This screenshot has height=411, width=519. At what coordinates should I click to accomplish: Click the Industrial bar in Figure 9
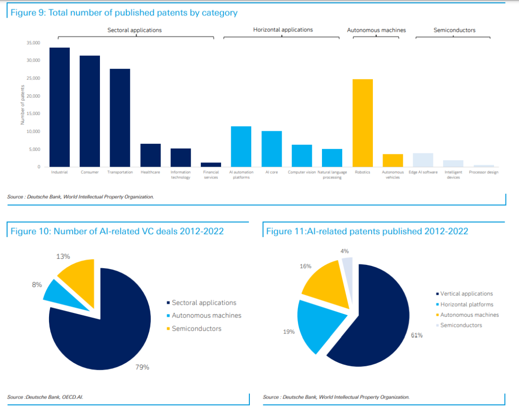60,107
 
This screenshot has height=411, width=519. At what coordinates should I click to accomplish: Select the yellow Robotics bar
363,123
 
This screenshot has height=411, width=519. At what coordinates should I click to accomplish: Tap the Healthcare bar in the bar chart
150,155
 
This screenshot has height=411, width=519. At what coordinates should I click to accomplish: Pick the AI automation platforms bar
241,147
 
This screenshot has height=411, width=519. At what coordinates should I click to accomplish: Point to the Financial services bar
211,165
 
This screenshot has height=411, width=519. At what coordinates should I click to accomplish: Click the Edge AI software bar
423,160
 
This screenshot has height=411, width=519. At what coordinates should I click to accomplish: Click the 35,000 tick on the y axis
33,43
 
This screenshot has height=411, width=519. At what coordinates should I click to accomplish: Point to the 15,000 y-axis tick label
33,114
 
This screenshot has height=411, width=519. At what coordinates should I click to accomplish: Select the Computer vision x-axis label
302,172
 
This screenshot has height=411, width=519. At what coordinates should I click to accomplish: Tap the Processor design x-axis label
483,172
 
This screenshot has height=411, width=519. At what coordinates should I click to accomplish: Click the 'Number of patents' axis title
22,105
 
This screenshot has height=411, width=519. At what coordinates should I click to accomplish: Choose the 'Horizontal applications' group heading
283,30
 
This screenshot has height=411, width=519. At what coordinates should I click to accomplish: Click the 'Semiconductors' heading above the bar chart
454,30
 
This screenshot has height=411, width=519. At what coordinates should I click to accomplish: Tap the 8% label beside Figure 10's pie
37,285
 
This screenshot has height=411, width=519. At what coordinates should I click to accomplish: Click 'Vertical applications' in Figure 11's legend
466,294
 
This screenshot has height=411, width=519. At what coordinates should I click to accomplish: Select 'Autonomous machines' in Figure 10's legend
206,316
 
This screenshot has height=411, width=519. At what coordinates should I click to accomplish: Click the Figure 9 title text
124,12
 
